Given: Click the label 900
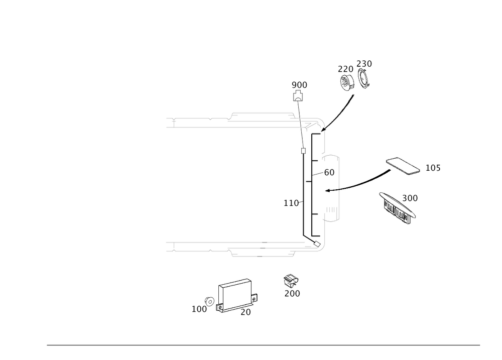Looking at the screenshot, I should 299,85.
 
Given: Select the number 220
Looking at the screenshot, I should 345,69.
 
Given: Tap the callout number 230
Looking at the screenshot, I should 364,64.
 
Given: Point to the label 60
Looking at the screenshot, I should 329,172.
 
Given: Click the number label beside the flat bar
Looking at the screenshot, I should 432,168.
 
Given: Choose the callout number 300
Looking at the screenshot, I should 410,198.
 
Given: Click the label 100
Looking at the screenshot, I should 199,309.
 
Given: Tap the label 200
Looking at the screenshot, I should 292,293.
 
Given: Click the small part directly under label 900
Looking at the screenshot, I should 298,94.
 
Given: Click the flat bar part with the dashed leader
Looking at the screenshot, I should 402,166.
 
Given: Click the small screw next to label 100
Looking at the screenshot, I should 211,300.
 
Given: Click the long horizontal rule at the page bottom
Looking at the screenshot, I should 263,346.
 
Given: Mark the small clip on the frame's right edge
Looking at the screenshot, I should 256,297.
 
